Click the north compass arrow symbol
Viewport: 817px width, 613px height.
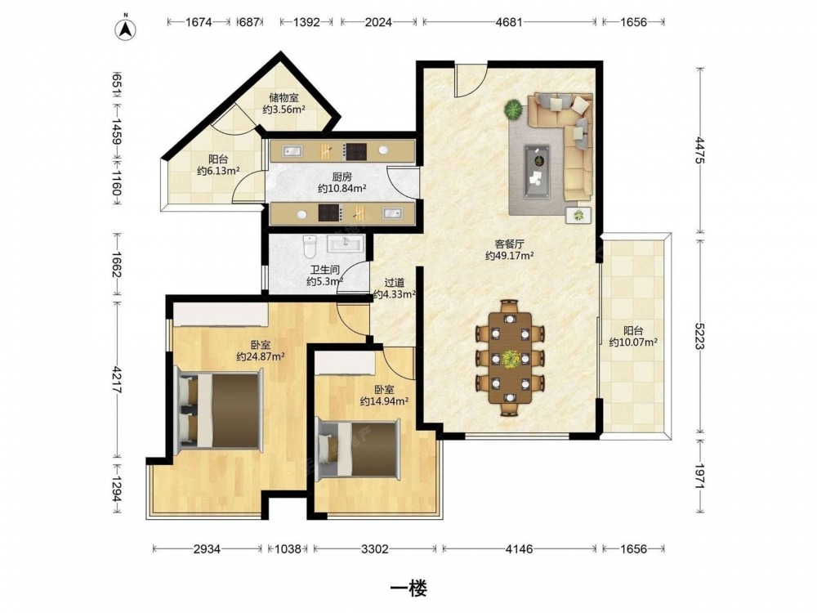click(126, 29)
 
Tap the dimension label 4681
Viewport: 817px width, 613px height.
click(508, 22)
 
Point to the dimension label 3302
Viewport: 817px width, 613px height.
click(375, 548)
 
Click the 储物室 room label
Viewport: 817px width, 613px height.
click(283, 97)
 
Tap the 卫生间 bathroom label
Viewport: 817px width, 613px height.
click(325, 270)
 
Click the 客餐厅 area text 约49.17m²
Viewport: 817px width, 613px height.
click(509, 255)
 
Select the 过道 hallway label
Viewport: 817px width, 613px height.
click(395, 283)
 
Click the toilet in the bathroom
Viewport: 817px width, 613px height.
click(310, 247)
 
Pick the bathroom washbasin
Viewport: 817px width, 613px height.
click(345, 244)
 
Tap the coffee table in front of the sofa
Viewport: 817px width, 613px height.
click(538, 171)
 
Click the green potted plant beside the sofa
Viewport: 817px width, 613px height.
click(513, 110)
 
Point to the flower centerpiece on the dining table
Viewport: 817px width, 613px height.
click(510, 358)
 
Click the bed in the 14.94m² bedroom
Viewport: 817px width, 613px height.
click(359, 449)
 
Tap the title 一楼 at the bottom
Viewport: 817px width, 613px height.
click(409, 588)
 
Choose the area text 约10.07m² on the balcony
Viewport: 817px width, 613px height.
click(633, 342)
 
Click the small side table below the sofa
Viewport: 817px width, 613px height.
click(579, 215)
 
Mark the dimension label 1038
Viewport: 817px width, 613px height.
click(288, 548)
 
